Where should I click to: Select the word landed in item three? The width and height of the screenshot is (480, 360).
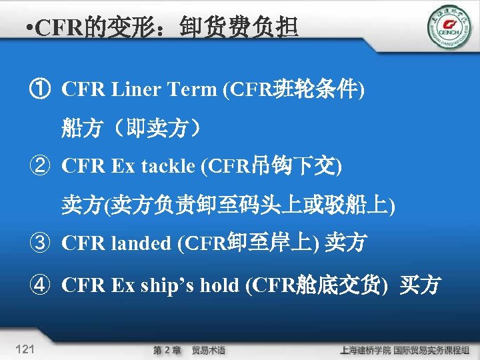143,243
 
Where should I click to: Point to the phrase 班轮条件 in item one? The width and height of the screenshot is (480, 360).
315,89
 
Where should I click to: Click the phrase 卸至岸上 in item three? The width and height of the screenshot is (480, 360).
271,243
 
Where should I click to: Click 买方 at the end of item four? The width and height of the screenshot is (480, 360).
420,285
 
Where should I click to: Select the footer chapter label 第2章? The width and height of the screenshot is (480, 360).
167,349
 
